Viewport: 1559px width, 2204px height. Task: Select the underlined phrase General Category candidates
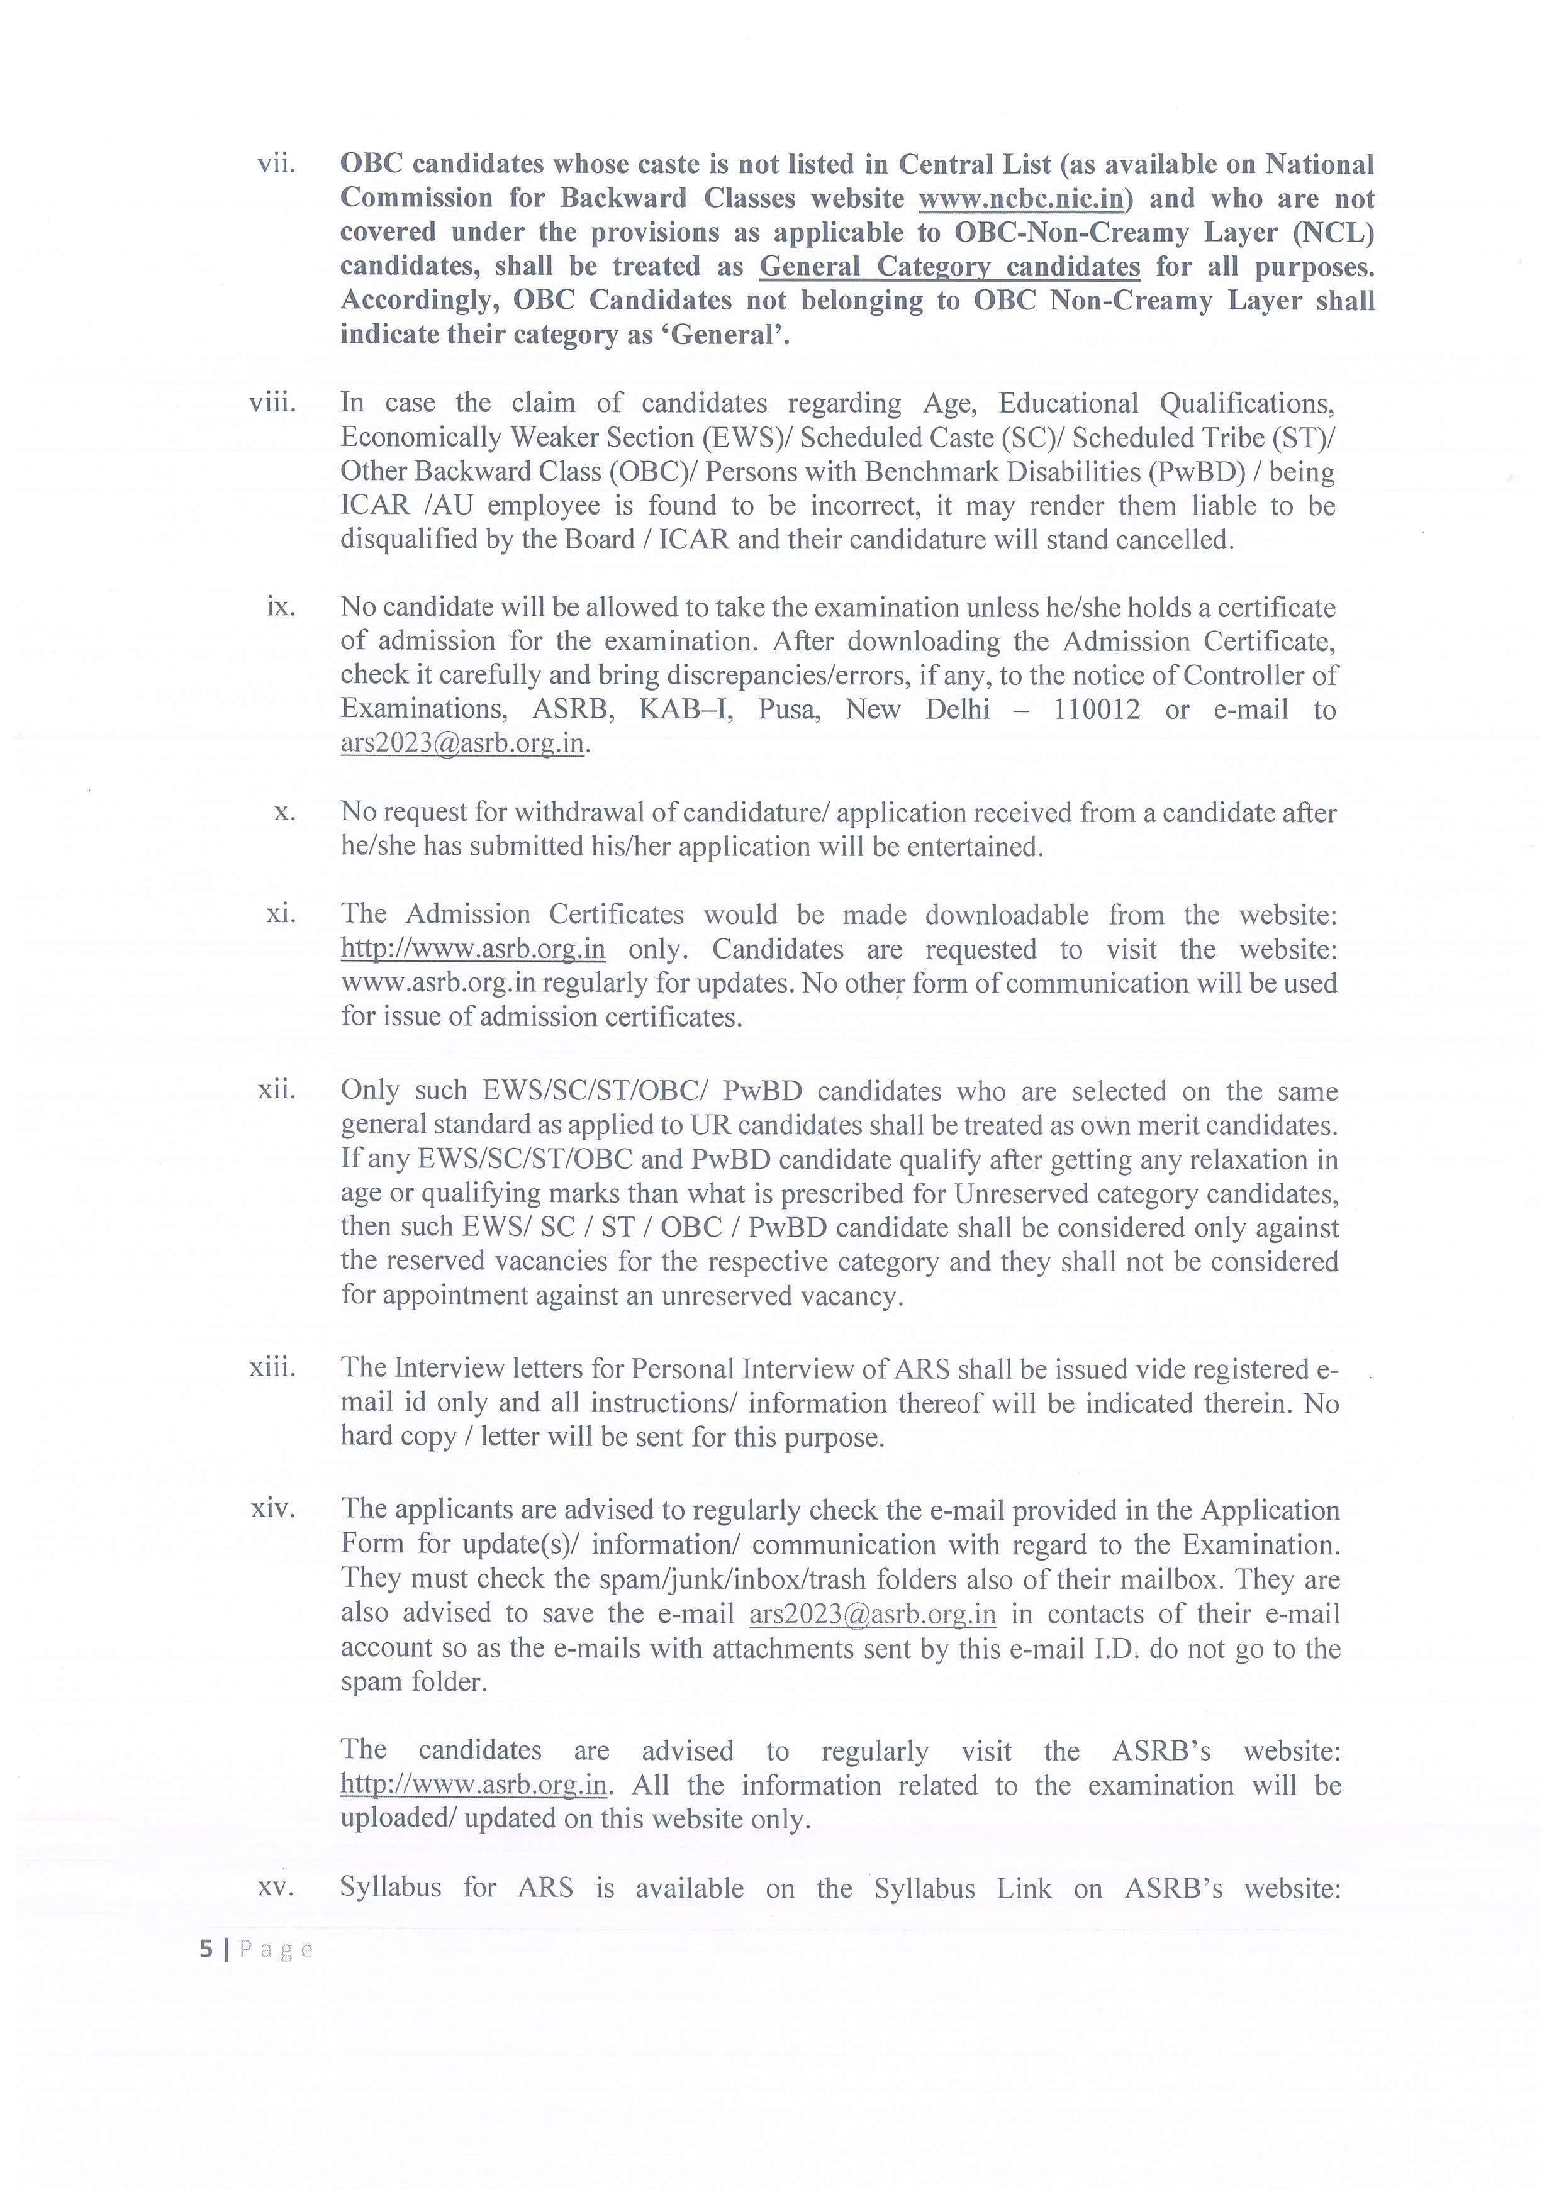coord(949,266)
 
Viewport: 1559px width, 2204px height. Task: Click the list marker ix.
coord(281,607)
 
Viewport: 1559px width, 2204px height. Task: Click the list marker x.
coord(284,812)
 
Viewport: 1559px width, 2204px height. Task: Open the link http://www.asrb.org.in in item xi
coord(473,949)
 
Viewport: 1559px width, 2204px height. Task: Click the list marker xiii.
coord(272,1368)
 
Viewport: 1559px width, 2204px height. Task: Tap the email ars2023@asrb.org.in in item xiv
coord(871,1615)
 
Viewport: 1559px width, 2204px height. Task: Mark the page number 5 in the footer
coord(204,1949)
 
